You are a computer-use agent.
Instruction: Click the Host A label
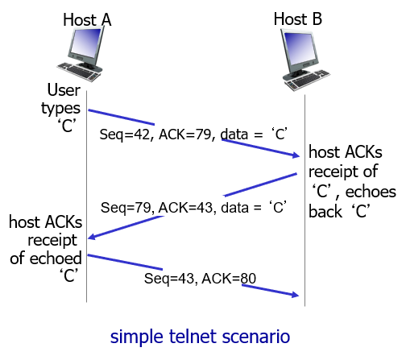point(87,19)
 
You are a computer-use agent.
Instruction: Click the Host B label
point(298,19)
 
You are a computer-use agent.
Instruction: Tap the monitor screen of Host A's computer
point(85,43)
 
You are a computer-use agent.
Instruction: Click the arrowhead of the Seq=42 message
point(296,155)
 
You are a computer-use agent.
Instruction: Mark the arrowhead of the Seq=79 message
point(92,237)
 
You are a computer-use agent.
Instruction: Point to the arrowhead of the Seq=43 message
point(296,295)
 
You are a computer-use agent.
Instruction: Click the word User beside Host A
point(64,90)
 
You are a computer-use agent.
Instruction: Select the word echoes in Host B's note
point(371,192)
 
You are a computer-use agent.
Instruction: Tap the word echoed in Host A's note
point(56,259)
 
